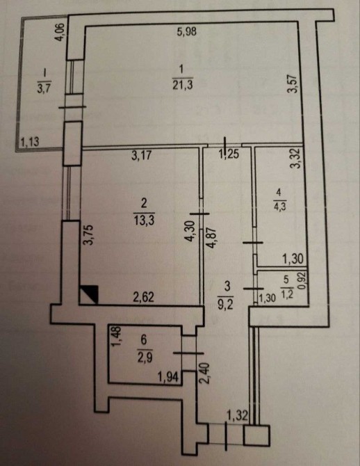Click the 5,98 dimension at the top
(x=186, y=31)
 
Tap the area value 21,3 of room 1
(x=182, y=86)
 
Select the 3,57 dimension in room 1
(x=294, y=83)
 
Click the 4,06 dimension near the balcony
(x=60, y=33)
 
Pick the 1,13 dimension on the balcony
(x=31, y=141)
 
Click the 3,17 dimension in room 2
(x=142, y=155)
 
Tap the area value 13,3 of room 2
(x=144, y=220)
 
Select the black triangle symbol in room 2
(x=88, y=294)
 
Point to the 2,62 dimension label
(x=143, y=297)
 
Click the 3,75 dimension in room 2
(x=89, y=234)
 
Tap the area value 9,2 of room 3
(x=227, y=305)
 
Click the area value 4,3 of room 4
(x=279, y=207)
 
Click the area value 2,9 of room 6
(x=145, y=357)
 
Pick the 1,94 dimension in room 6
(x=168, y=378)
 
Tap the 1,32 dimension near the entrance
(x=237, y=415)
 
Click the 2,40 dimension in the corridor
(x=206, y=373)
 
